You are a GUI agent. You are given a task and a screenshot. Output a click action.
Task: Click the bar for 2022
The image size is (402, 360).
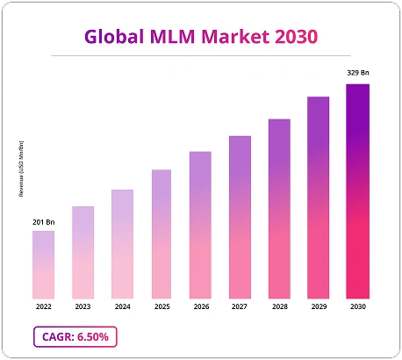click(x=43, y=264)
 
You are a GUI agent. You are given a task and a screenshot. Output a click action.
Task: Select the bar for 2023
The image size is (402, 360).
click(x=83, y=252)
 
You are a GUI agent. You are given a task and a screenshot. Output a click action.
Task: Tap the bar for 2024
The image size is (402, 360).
click(x=122, y=244)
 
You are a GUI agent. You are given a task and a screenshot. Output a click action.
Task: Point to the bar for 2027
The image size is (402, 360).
click(x=240, y=217)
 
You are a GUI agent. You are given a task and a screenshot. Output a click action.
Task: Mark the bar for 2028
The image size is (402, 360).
click(x=279, y=208)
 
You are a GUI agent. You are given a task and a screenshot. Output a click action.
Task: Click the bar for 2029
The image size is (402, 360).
click(x=318, y=198)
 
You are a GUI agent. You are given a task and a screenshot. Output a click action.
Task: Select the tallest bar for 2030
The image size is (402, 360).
click(x=357, y=191)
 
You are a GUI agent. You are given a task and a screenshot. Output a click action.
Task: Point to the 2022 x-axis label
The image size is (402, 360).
click(x=43, y=307)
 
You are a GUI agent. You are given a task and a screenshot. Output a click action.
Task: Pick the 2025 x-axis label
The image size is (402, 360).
click(x=162, y=307)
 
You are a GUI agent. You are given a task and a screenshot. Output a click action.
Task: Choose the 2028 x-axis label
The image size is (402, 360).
click(x=279, y=307)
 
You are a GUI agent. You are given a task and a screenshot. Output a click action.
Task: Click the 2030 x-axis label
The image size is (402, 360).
click(x=357, y=307)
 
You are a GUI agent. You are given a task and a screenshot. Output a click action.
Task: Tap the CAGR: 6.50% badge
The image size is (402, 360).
click(x=75, y=337)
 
